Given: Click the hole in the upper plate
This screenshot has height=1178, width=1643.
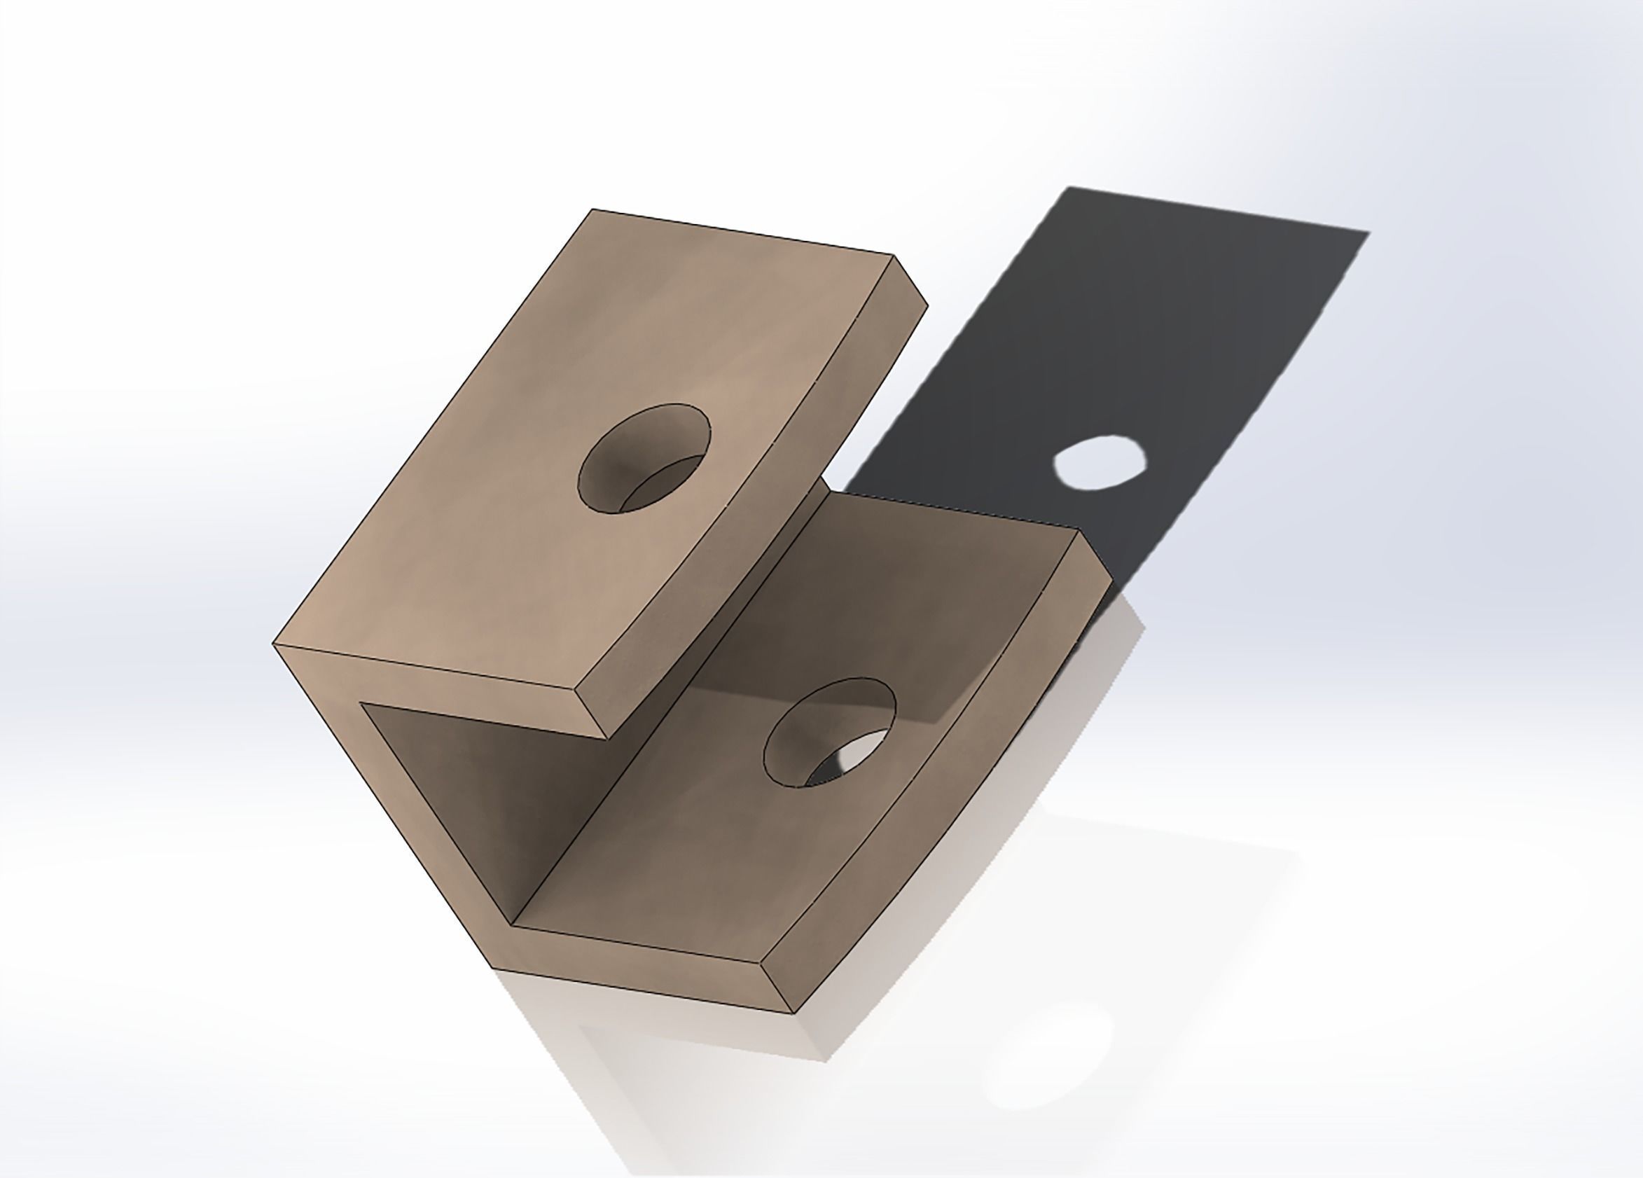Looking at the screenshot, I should click(644, 458).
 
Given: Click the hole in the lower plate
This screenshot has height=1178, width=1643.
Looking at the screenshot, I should click(829, 732).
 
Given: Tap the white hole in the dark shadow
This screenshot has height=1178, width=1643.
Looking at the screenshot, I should click(1100, 462).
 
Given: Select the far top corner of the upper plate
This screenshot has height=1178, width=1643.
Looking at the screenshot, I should click(592, 210).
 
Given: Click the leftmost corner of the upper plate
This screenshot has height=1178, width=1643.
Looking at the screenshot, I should click(274, 643).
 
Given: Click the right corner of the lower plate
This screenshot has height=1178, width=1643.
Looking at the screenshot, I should click(1112, 580).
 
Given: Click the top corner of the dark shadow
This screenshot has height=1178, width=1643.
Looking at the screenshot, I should click(1068, 188).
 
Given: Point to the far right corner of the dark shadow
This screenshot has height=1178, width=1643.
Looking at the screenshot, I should click(1368, 233).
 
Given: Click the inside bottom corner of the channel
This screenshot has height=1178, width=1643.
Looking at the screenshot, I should click(512, 925).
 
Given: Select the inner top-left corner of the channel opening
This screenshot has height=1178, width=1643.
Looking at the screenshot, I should click(361, 702).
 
